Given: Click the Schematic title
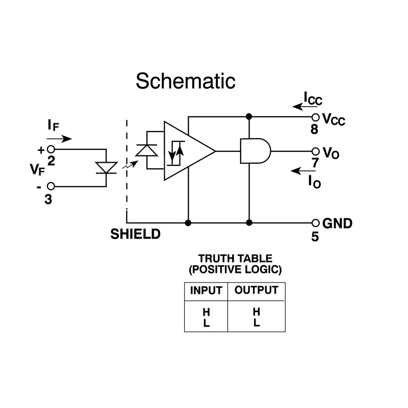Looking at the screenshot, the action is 186,81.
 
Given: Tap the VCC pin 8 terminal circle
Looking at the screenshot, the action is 315,117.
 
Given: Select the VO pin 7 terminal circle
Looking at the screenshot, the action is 315,151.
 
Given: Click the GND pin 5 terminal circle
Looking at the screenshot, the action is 315,223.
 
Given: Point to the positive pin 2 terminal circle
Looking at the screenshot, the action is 51,149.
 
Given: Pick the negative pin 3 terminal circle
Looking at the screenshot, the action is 51,186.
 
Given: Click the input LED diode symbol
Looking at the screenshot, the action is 106,168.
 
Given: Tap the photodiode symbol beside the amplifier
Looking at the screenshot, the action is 147,150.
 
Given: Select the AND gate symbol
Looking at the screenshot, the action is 256,151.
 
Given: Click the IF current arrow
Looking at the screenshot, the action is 59,139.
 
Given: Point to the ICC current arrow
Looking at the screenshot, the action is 304,107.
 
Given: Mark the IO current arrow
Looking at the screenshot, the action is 303,171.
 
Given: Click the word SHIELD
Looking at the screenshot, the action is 135,234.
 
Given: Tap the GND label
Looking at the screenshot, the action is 337,223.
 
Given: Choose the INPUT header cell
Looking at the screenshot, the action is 206,291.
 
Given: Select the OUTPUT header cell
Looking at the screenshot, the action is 257,291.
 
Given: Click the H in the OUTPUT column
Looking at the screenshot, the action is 257,312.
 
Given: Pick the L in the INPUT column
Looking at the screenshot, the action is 207,323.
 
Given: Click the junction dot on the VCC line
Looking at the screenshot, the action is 249,116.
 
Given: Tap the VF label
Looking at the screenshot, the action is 37,170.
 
